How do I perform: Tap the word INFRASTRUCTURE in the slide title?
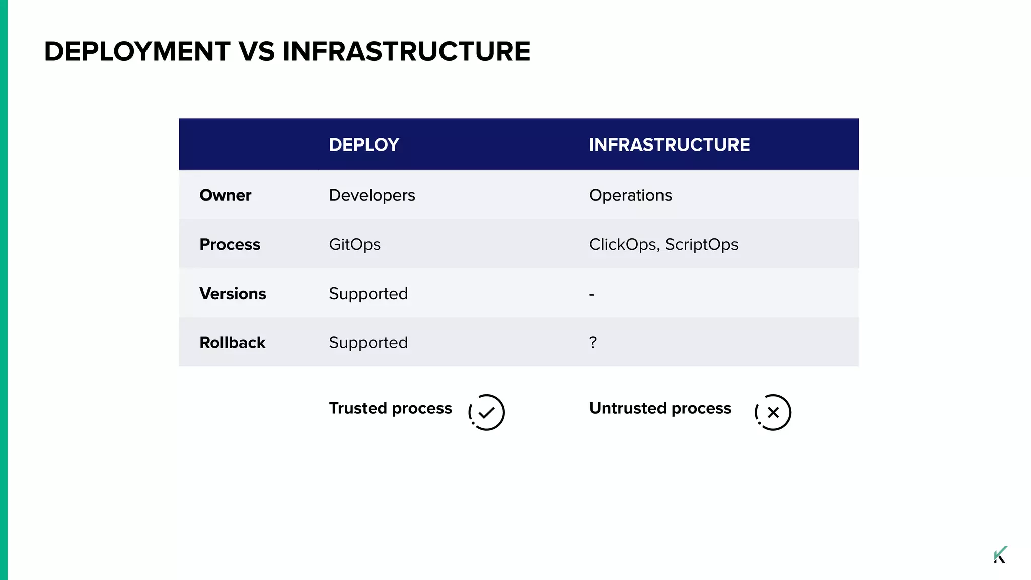[x=406, y=52]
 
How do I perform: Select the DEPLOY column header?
[x=364, y=145]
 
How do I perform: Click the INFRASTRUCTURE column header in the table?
[x=669, y=145]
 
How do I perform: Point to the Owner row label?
[x=225, y=195]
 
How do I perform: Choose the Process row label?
[x=230, y=245]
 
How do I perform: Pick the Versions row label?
[x=233, y=294]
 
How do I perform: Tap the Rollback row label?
[x=232, y=343]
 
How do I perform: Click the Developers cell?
[x=372, y=195]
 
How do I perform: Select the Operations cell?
[x=630, y=195]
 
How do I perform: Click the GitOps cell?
[x=354, y=245]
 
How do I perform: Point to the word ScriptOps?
[x=701, y=245]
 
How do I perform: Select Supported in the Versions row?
[x=368, y=294]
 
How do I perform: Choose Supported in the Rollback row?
[x=368, y=343]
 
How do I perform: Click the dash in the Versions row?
[x=592, y=294]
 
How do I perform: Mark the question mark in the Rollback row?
[x=593, y=343]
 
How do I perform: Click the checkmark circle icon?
[x=486, y=412]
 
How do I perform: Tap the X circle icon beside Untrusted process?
[x=773, y=412]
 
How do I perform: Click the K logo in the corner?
[x=1000, y=554]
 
